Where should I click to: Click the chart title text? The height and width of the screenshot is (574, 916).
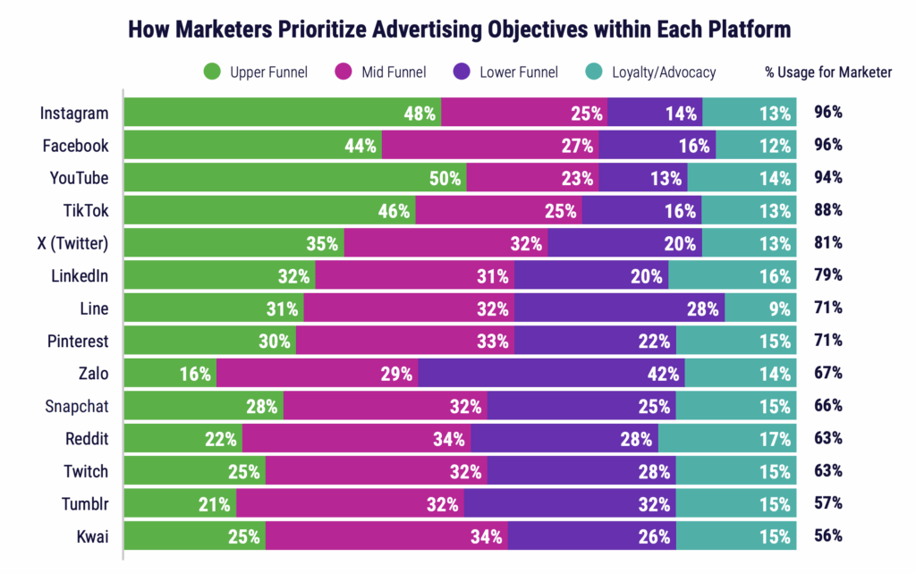point(459,29)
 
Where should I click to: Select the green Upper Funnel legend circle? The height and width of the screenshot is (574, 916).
point(213,72)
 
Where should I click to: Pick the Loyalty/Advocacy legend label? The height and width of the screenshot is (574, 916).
point(664,72)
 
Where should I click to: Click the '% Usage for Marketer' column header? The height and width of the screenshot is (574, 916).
point(828,72)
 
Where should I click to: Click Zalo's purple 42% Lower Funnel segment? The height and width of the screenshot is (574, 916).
point(551,374)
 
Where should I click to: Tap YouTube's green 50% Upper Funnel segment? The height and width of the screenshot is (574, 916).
point(295,178)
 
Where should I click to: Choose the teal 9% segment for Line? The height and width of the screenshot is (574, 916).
point(760,308)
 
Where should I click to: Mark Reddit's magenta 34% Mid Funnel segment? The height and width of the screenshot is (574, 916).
point(356,439)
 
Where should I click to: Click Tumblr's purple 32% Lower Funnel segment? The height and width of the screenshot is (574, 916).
point(570,504)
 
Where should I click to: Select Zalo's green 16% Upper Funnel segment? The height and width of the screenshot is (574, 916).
point(170,374)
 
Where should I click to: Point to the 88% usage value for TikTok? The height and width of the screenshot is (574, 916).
point(828,211)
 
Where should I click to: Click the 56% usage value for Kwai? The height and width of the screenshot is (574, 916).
point(828,536)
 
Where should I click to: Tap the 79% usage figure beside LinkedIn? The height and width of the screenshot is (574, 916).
point(828,276)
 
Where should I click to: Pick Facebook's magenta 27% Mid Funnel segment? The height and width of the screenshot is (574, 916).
point(490,146)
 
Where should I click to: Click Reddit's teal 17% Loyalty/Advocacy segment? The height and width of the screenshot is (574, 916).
point(727,439)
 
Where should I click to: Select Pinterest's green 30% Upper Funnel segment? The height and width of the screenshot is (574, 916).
point(210,342)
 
